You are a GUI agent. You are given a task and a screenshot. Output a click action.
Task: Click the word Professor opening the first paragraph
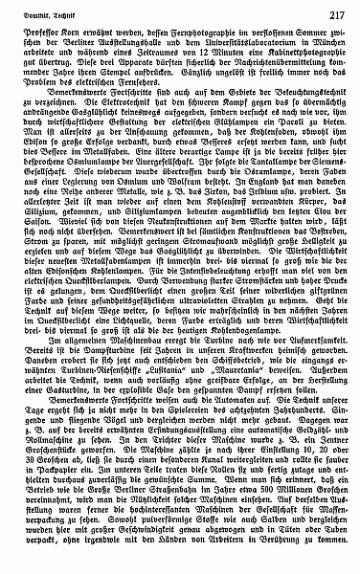tap(54, 35)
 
